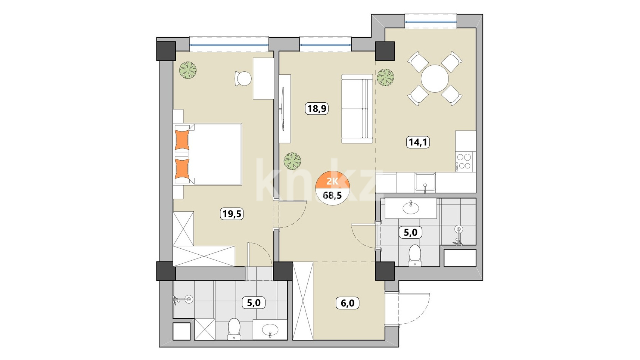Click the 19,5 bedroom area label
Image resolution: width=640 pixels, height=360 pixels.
pyautogui.click(x=232, y=214)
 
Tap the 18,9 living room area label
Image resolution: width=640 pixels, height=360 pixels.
pyautogui.click(x=317, y=109)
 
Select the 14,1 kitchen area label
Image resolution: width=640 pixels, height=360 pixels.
pyautogui.click(x=418, y=142)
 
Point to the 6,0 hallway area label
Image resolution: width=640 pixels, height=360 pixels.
pyautogui.click(x=347, y=303)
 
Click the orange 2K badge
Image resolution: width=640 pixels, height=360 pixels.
pyautogui.click(x=333, y=181)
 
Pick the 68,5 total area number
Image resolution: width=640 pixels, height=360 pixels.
pyautogui.click(x=332, y=195)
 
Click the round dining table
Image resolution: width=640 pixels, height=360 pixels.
pyautogui.click(x=435, y=78)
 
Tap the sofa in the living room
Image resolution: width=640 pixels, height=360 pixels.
pyautogui.click(x=357, y=109)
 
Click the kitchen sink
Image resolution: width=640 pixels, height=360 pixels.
pyautogui.click(x=425, y=182)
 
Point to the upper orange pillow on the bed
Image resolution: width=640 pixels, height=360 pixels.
pyautogui.click(x=182, y=140)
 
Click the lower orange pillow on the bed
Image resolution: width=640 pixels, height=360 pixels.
pyautogui.click(x=182, y=169)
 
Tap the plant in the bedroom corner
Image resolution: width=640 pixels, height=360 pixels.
pyautogui.click(x=188, y=70)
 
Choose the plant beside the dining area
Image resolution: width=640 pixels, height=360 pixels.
pyautogui.click(x=385, y=77)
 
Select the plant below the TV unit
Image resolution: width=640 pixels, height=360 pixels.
pyautogui.click(x=292, y=161)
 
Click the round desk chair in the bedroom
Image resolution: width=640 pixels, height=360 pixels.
pyautogui.click(x=243, y=78)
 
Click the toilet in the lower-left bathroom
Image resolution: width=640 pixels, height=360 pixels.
pyautogui.click(x=234, y=329)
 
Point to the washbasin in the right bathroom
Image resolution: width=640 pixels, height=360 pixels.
pyautogui.click(x=411, y=208)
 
